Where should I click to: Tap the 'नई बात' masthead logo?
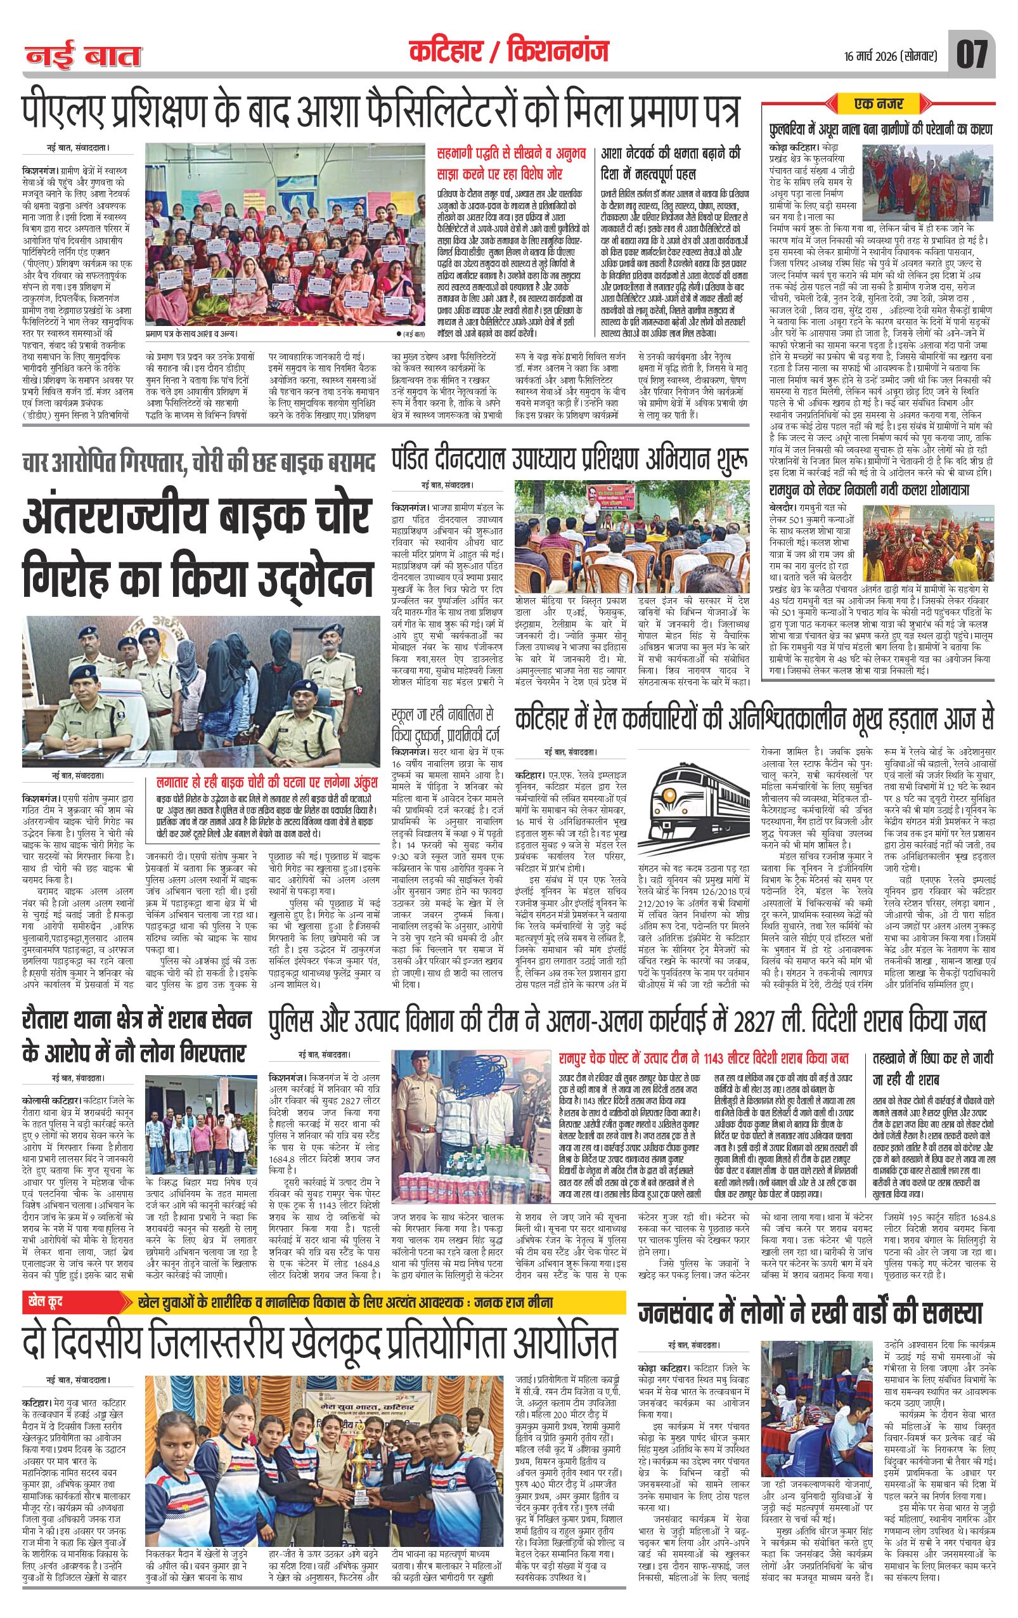point(83,57)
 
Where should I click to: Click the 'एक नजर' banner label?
point(879,104)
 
